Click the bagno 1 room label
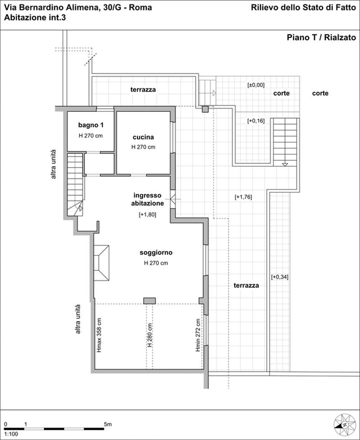(x=90, y=125)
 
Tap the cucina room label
(x=143, y=137)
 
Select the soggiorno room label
(x=156, y=253)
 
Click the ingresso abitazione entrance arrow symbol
(x=173, y=199)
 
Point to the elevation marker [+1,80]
(x=148, y=215)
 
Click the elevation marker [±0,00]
(x=256, y=85)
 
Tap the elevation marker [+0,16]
(x=256, y=121)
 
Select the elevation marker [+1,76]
(x=243, y=197)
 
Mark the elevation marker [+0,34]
(x=279, y=277)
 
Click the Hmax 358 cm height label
(x=99, y=335)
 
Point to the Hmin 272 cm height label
(x=198, y=335)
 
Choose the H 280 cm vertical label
(x=150, y=335)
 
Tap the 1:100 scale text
(x=11, y=434)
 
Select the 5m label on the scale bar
(x=108, y=424)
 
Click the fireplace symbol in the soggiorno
(x=102, y=263)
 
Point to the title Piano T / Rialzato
(x=321, y=37)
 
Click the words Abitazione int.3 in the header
(x=35, y=18)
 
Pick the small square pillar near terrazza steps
(x=206, y=109)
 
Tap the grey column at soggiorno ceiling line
(x=149, y=301)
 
